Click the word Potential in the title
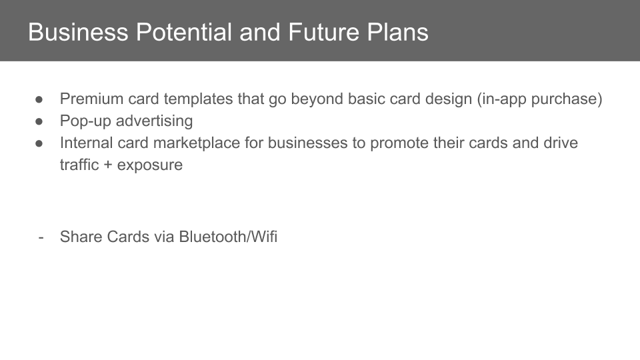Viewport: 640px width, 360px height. [x=184, y=32]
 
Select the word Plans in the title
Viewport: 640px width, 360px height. [x=397, y=32]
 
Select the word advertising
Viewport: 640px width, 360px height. [x=154, y=121]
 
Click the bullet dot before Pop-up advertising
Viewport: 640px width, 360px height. [x=39, y=121]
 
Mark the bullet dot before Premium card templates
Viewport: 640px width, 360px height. [x=39, y=99]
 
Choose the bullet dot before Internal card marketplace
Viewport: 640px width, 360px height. [x=39, y=143]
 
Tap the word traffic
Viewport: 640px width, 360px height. [x=79, y=165]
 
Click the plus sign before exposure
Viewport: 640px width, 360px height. [x=108, y=165]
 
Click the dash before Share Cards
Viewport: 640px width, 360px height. [x=41, y=237]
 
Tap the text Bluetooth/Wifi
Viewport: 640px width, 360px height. [x=228, y=237]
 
